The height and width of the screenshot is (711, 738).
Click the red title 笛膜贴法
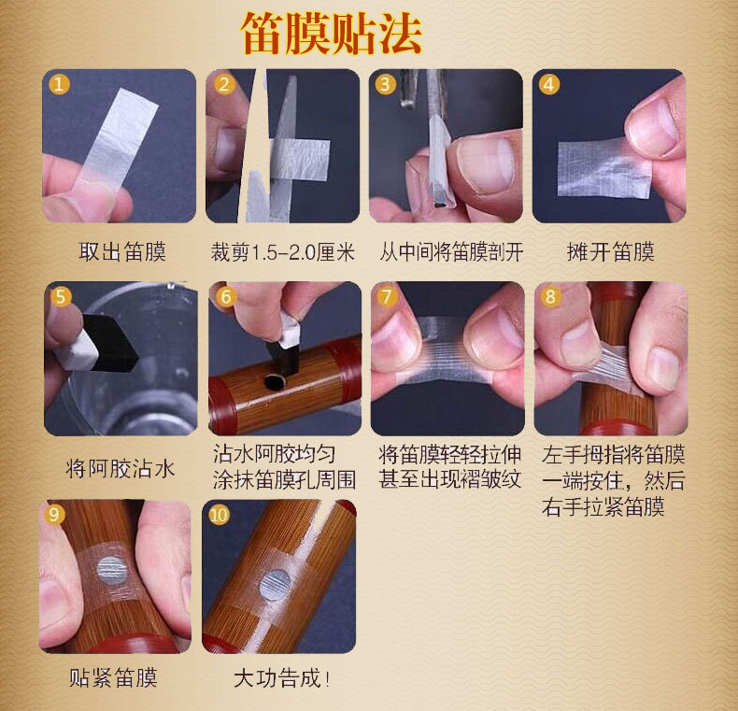pyautogui.click(x=331, y=35)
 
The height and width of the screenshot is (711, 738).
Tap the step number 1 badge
pyautogui.click(x=59, y=85)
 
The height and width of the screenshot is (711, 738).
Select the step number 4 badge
pyautogui.click(x=548, y=85)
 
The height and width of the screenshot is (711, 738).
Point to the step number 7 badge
pyautogui.click(x=388, y=297)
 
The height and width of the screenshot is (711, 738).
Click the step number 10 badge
pyautogui.click(x=219, y=515)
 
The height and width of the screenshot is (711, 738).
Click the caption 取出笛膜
pyautogui.click(x=122, y=252)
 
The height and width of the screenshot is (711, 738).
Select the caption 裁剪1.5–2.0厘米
pyautogui.click(x=282, y=252)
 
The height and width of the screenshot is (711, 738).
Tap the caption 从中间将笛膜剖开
pyautogui.click(x=451, y=252)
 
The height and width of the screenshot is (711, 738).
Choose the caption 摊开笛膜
pyautogui.click(x=610, y=252)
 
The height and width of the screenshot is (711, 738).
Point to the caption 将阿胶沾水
pyautogui.click(x=121, y=469)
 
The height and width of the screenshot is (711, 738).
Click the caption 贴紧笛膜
pyautogui.click(x=113, y=678)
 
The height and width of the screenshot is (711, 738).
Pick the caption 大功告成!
pyautogui.click(x=281, y=678)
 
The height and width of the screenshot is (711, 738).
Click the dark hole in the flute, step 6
pyautogui.click(x=274, y=381)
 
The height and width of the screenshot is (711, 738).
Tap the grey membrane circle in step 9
pyautogui.click(x=112, y=570)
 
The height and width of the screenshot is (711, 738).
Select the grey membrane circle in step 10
pyautogui.click(x=276, y=585)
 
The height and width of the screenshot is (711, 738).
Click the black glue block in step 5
pyautogui.click(x=109, y=343)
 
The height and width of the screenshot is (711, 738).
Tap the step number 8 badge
pyautogui.click(x=550, y=297)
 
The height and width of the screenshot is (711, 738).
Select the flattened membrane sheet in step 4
pyautogui.click(x=603, y=168)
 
